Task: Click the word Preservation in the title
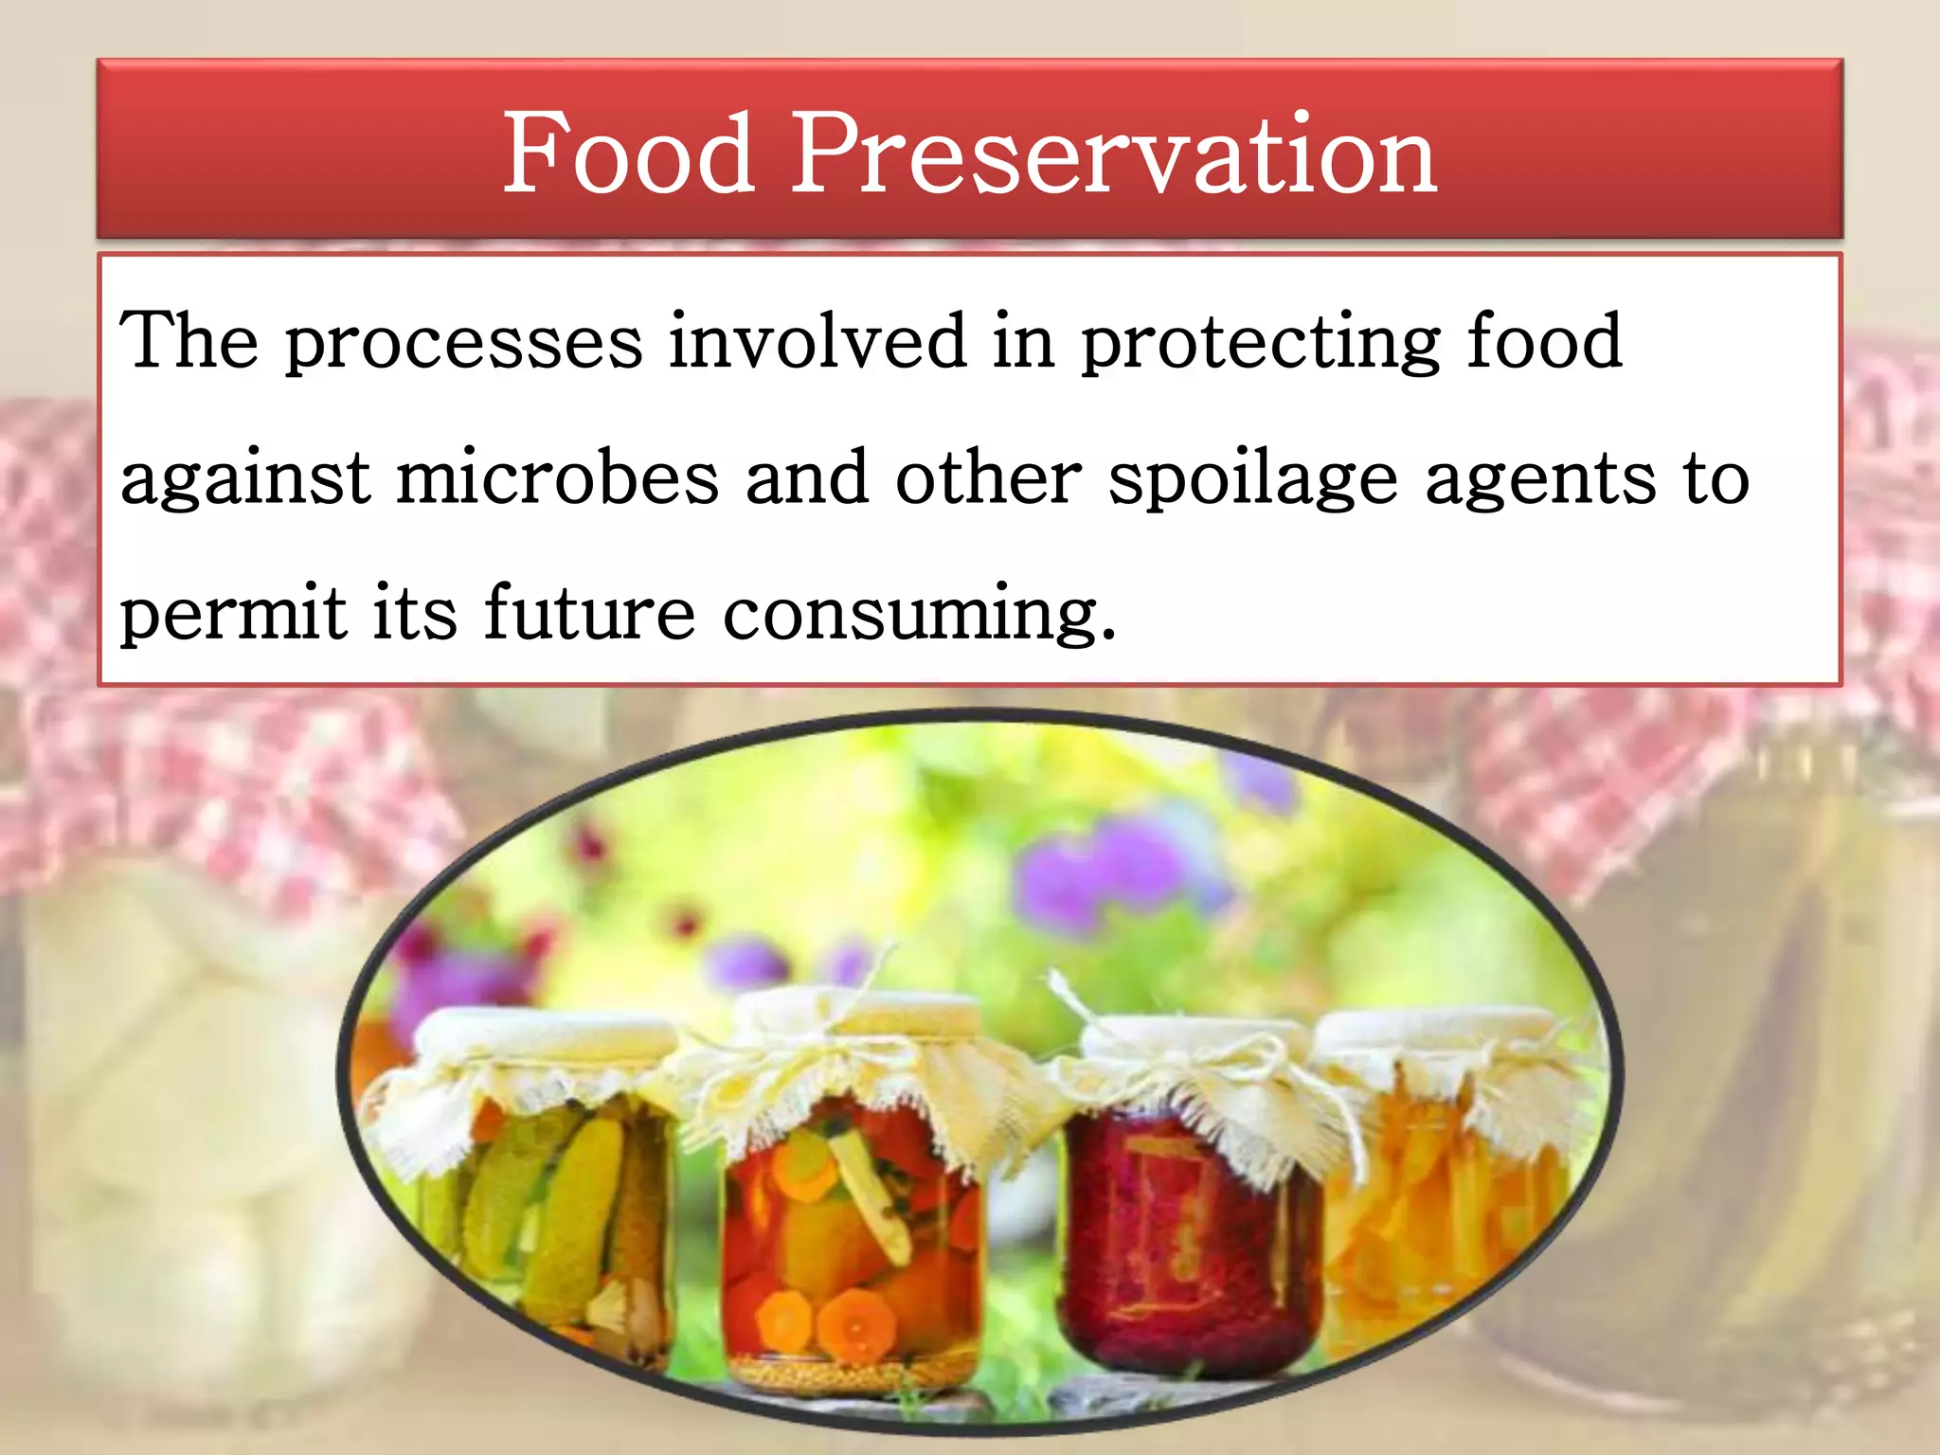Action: [x=1114, y=153]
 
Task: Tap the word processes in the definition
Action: [x=464, y=343]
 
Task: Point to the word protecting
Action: [x=1261, y=343]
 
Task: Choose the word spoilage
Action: [x=1252, y=479]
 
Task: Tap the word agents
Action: [x=1541, y=479]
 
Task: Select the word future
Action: [x=590, y=613]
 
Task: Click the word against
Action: [x=245, y=479]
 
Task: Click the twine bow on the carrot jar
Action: [x=834, y=1051]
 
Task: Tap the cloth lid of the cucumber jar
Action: [x=530, y=1051]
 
